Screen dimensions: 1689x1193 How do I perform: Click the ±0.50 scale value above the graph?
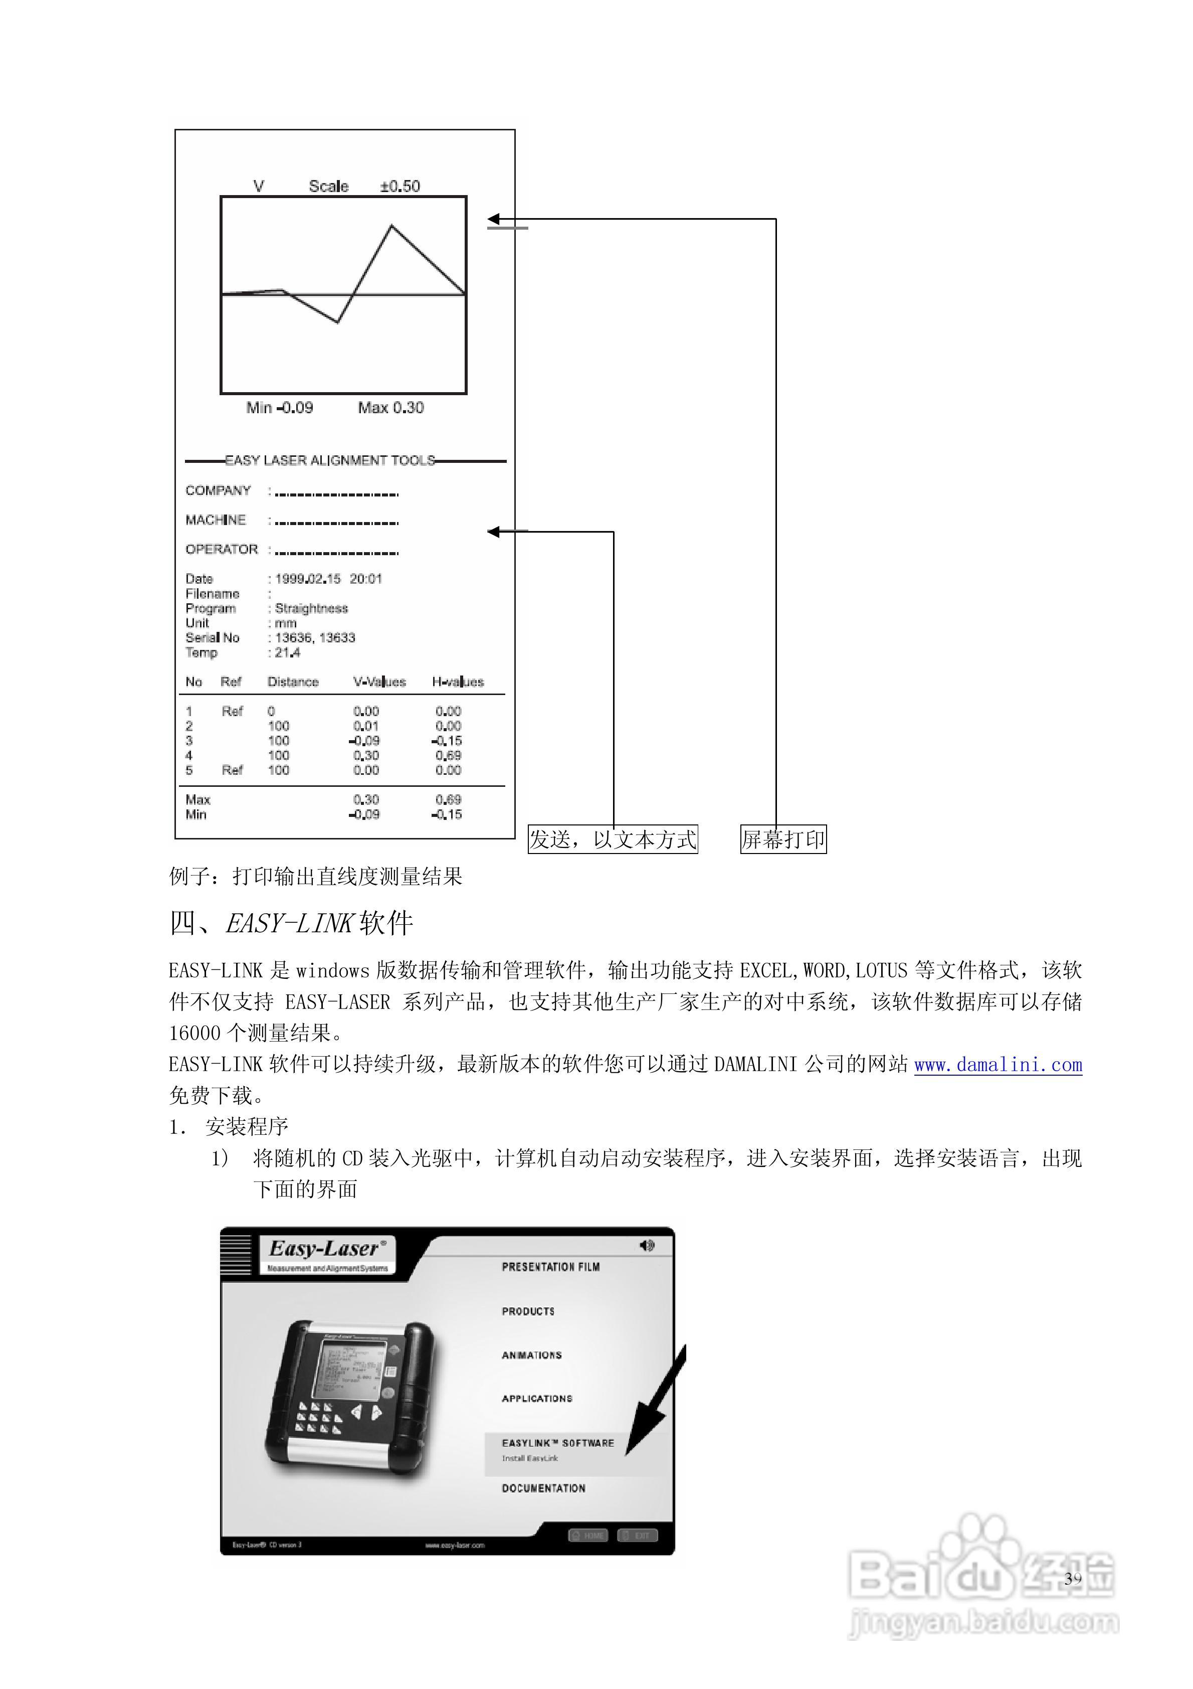point(400,186)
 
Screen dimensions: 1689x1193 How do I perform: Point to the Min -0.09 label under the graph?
point(280,408)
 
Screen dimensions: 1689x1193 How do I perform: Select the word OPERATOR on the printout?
point(222,550)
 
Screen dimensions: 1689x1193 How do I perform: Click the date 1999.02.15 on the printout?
point(307,579)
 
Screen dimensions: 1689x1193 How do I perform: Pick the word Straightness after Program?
point(311,608)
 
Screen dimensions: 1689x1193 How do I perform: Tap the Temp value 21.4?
point(288,652)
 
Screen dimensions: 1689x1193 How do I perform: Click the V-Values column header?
point(379,682)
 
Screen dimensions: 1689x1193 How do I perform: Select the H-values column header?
point(458,682)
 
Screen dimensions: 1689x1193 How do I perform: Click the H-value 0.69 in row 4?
point(448,756)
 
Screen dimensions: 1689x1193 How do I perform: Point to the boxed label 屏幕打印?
point(783,839)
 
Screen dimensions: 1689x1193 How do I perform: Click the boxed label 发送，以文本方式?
point(613,839)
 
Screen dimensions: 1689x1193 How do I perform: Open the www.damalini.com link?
point(998,1065)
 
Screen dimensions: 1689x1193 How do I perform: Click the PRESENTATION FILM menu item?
point(550,1267)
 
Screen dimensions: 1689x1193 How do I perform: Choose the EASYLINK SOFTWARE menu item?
point(557,1443)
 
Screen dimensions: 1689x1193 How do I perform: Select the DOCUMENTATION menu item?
point(543,1488)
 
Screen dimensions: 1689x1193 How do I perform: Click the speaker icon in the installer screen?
point(647,1245)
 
